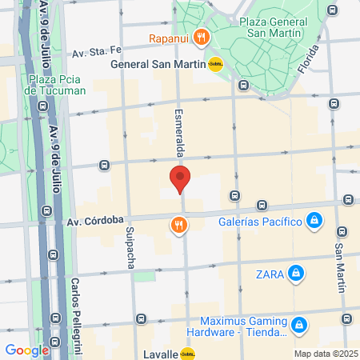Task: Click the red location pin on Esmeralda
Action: coord(180,178)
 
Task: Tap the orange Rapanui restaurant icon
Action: coord(202,36)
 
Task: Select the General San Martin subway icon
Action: coord(215,65)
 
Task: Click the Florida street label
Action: coord(308,58)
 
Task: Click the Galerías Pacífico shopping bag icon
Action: coord(314,220)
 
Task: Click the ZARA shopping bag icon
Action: coord(297,274)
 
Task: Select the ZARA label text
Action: coord(269,274)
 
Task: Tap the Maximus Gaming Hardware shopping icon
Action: coord(299,326)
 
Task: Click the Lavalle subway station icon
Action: coord(187,353)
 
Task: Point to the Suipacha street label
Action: coord(130,248)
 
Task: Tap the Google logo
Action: coord(26,350)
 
